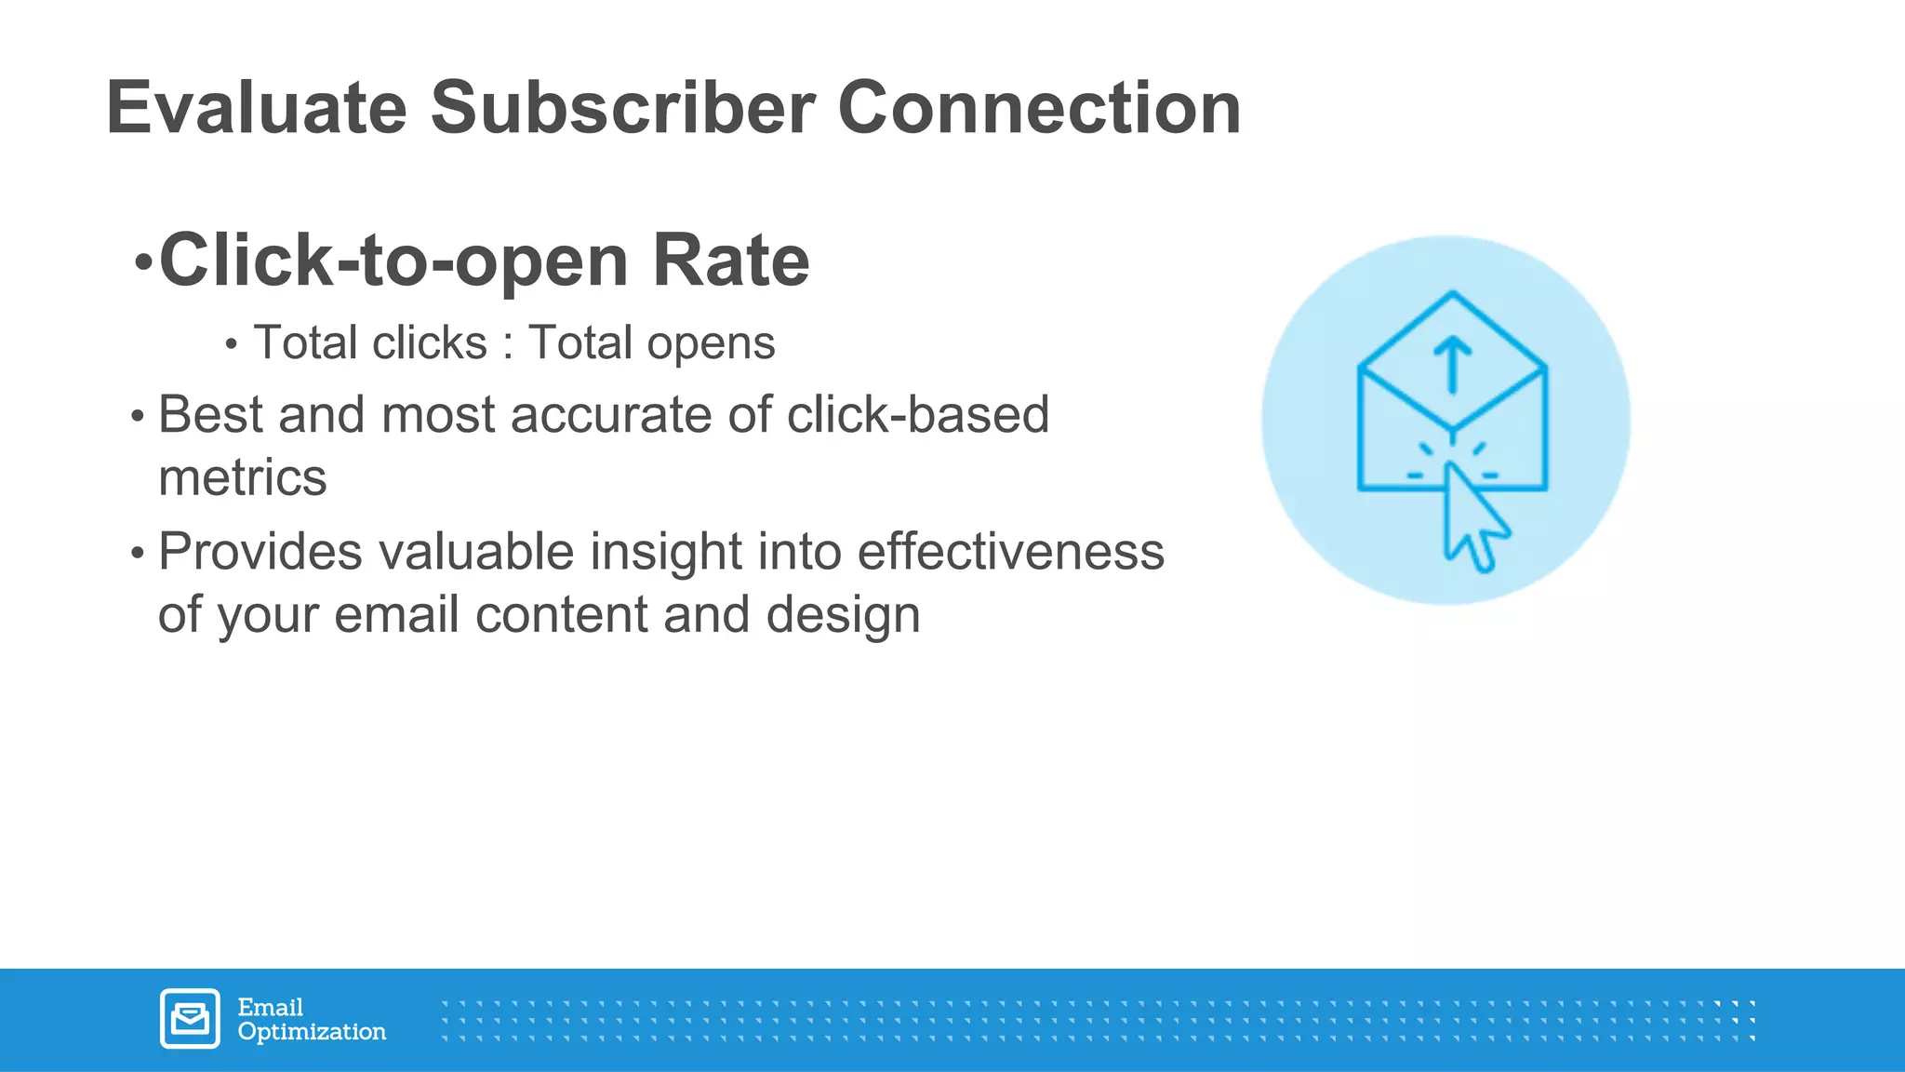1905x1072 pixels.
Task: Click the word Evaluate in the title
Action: [257, 108]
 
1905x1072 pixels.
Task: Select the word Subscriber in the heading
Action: [622, 108]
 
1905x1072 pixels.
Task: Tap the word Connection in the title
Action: [1039, 108]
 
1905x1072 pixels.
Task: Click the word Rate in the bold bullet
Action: [730, 261]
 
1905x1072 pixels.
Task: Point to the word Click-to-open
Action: [394, 262]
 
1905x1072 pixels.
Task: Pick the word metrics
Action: [243, 478]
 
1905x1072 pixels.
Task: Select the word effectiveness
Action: [1010, 551]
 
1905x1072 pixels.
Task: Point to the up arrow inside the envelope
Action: [1452, 364]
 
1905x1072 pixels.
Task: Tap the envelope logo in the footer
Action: [190, 1019]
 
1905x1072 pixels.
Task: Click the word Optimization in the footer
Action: [312, 1032]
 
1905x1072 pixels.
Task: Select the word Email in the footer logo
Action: [270, 1007]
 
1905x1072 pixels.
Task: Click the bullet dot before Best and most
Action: [138, 417]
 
